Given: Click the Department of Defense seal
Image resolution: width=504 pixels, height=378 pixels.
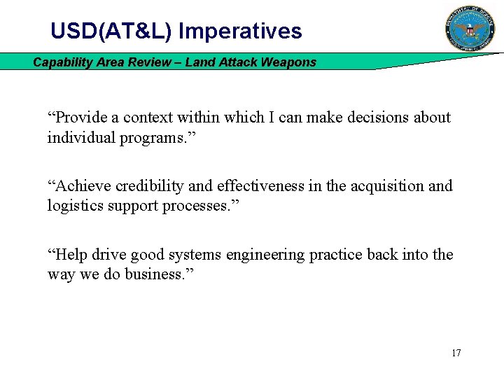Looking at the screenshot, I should click(x=470, y=28).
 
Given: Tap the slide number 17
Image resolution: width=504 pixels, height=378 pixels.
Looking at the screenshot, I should click(x=456, y=353).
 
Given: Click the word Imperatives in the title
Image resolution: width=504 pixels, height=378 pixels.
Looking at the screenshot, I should click(x=241, y=31).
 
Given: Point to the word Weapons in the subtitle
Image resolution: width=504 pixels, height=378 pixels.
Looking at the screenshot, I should click(x=288, y=62).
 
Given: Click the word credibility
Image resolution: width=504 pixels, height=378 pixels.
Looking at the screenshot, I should click(x=148, y=186).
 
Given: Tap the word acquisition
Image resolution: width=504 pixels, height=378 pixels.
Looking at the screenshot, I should click(x=378, y=186).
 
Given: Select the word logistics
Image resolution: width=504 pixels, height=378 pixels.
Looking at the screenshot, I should click(x=74, y=206).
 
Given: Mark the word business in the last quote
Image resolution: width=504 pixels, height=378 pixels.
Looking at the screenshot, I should click(x=152, y=274).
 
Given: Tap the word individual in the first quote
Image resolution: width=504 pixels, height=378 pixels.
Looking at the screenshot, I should click(x=75, y=137).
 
